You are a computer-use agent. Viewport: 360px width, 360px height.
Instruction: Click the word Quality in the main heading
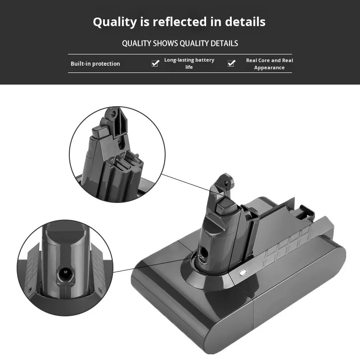click(x=115, y=22)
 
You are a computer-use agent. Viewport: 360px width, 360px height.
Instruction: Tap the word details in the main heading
click(x=245, y=22)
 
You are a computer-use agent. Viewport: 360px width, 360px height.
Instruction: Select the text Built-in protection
click(x=95, y=63)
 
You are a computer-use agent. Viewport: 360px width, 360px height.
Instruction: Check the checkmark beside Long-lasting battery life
click(x=155, y=63)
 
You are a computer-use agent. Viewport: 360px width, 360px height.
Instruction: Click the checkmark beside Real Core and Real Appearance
click(x=231, y=63)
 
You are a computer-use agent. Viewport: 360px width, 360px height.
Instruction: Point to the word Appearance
click(x=269, y=68)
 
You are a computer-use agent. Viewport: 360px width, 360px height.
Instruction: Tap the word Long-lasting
click(x=179, y=60)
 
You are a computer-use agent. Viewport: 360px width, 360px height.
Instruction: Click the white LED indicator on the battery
click(x=243, y=273)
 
